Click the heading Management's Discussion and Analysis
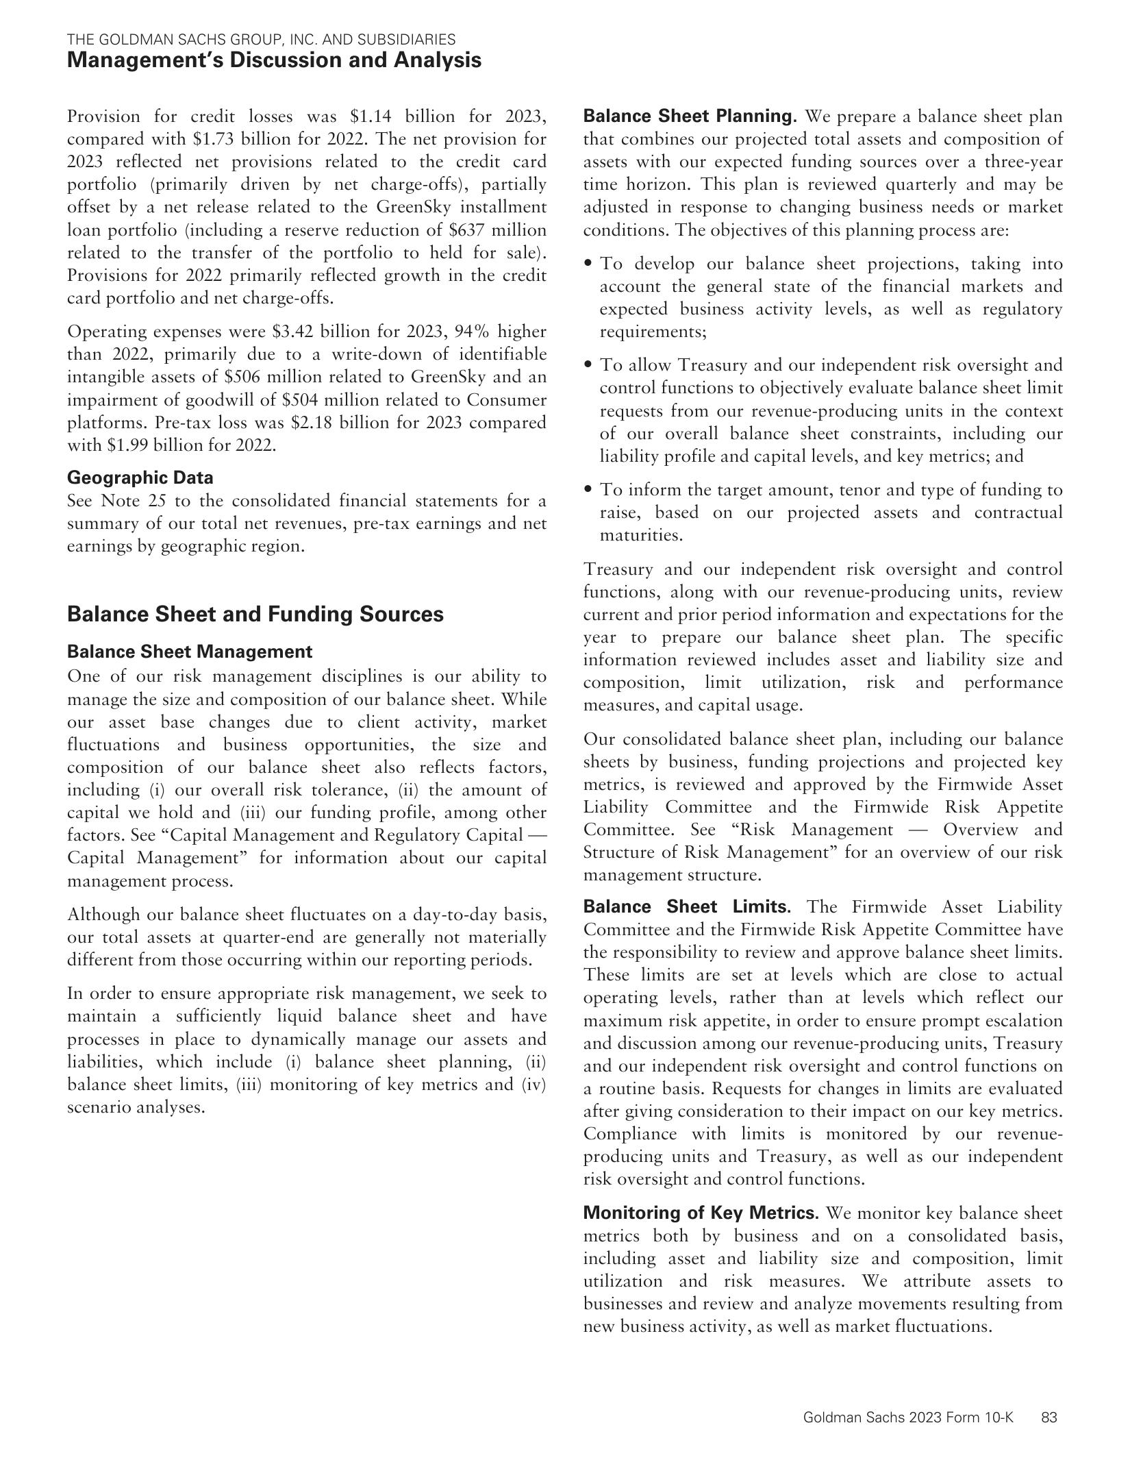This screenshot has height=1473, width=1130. tap(274, 60)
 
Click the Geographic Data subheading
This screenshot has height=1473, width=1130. tap(140, 478)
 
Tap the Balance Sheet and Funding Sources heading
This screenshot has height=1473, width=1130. tap(255, 614)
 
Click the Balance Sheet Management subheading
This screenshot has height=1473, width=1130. tap(190, 652)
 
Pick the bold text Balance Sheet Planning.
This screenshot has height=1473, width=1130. tap(690, 116)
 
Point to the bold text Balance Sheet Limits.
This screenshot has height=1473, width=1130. tap(687, 907)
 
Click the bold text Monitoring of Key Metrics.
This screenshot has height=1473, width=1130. tap(701, 1213)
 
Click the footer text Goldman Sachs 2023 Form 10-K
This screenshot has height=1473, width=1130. tap(908, 1418)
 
